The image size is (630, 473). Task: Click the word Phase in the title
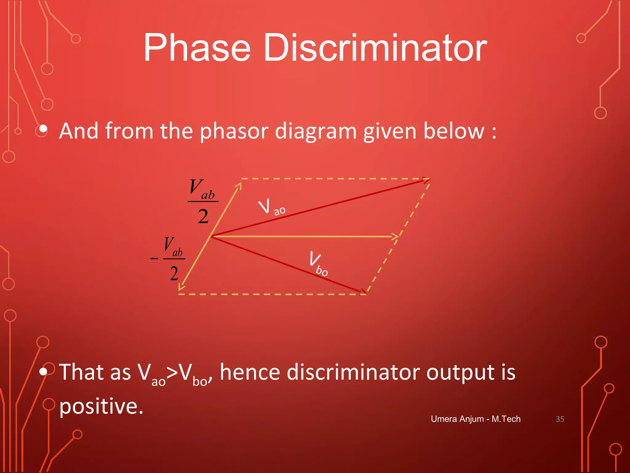pos(197,49)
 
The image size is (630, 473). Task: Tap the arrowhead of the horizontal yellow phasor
pos(396,236)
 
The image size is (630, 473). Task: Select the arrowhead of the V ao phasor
pos(426,180)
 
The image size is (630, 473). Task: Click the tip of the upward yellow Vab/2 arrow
pos(240,184)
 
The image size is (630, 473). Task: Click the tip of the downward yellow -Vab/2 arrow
pos(181,288)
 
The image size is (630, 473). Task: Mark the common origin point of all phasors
pos(211,236)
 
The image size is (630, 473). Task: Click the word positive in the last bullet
pos(101,406)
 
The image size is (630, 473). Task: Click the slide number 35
pos(560,419)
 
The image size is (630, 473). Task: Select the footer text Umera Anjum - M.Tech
pos(476,419)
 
